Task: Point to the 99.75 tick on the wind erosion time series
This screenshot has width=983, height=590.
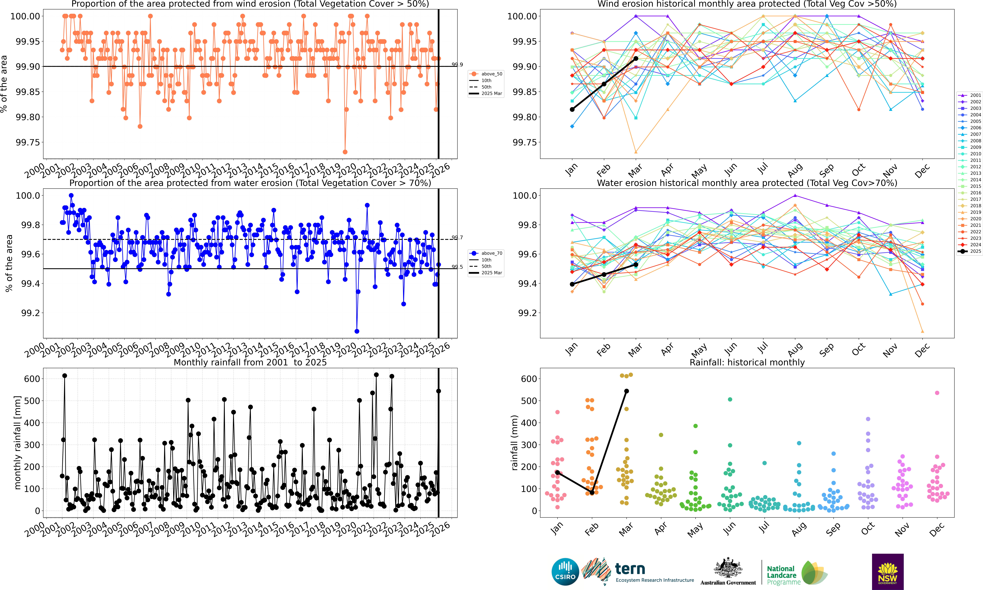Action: [x=28, y=142]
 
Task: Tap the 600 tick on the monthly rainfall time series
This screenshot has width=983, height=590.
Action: [x=32, y=379]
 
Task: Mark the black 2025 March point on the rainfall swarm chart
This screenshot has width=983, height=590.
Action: [x=626, y=391]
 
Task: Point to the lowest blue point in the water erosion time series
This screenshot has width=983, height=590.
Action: [x=357, y=331]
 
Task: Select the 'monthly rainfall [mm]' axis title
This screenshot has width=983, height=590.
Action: [x=17, y=443]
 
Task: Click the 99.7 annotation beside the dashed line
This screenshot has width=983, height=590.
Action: [x=457, y=238]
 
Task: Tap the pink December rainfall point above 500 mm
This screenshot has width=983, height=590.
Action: [x=937, y=393]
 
